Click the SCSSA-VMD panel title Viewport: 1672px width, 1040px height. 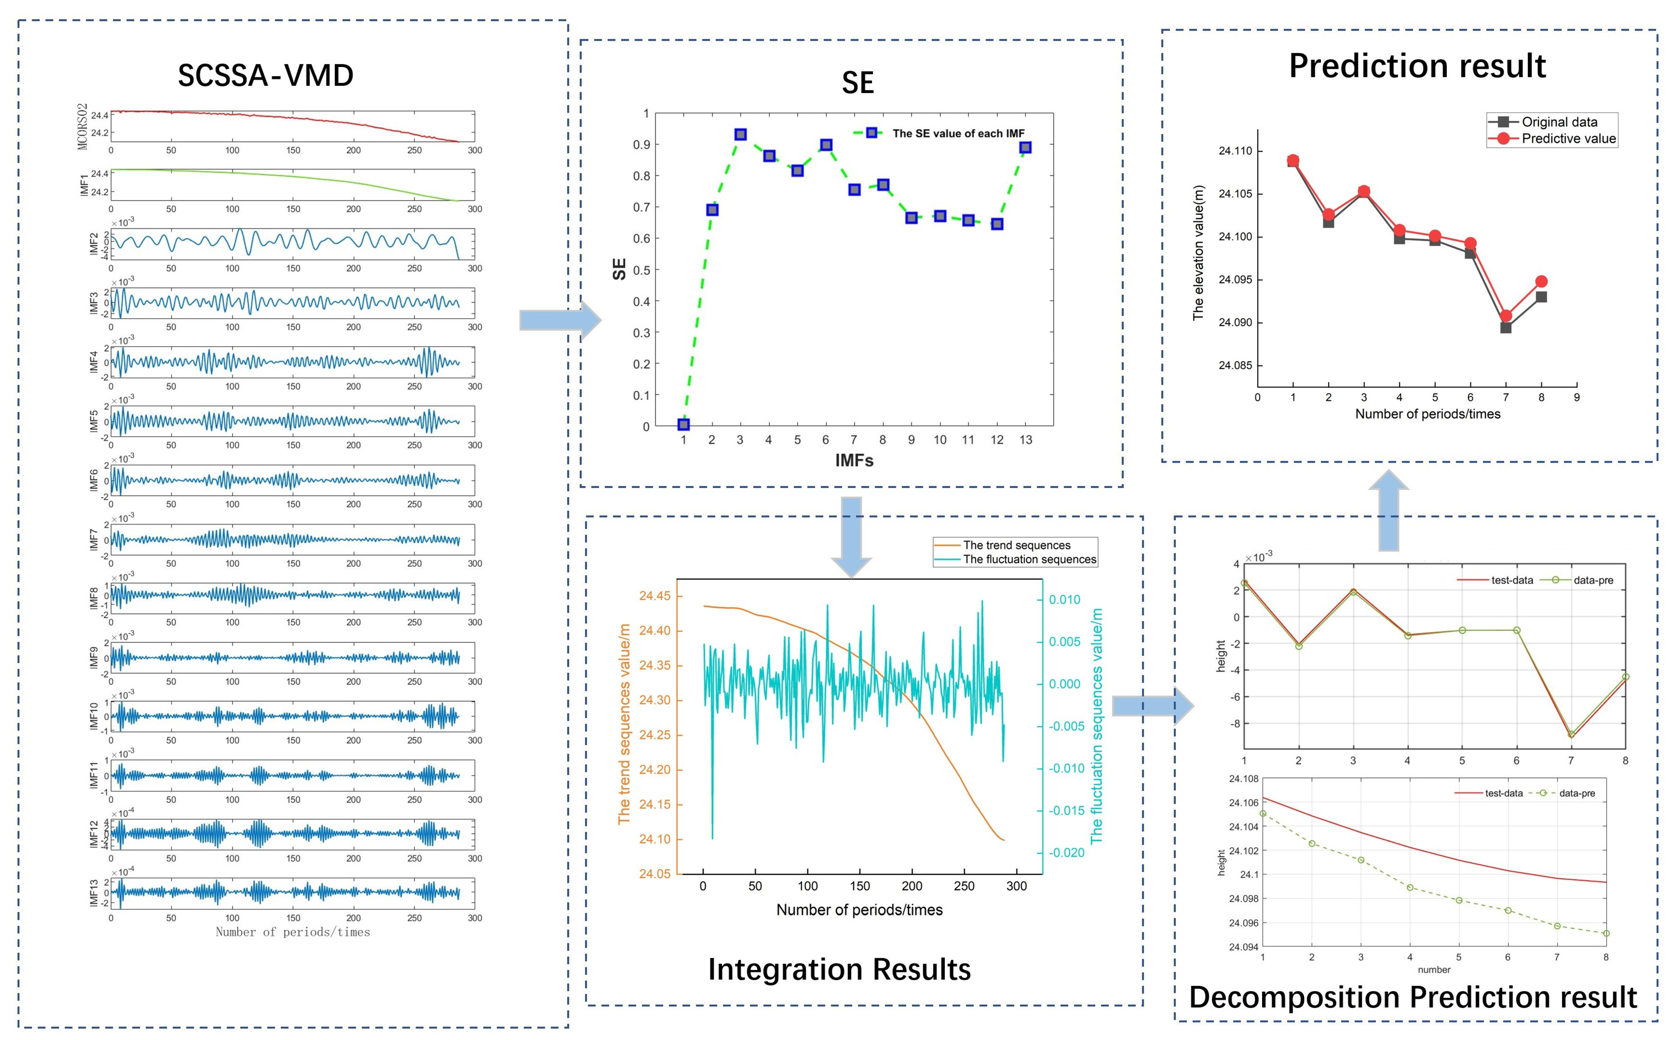(x=265, y=75)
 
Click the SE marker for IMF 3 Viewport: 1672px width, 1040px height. (x=740, y=135)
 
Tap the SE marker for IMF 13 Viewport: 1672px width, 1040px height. (x=1025, y=148)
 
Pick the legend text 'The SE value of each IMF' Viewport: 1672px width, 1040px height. (x=958, y=133)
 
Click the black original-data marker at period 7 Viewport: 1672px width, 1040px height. (x=1506, y=327)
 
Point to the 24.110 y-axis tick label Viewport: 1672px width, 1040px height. (x=1235, y=151)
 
